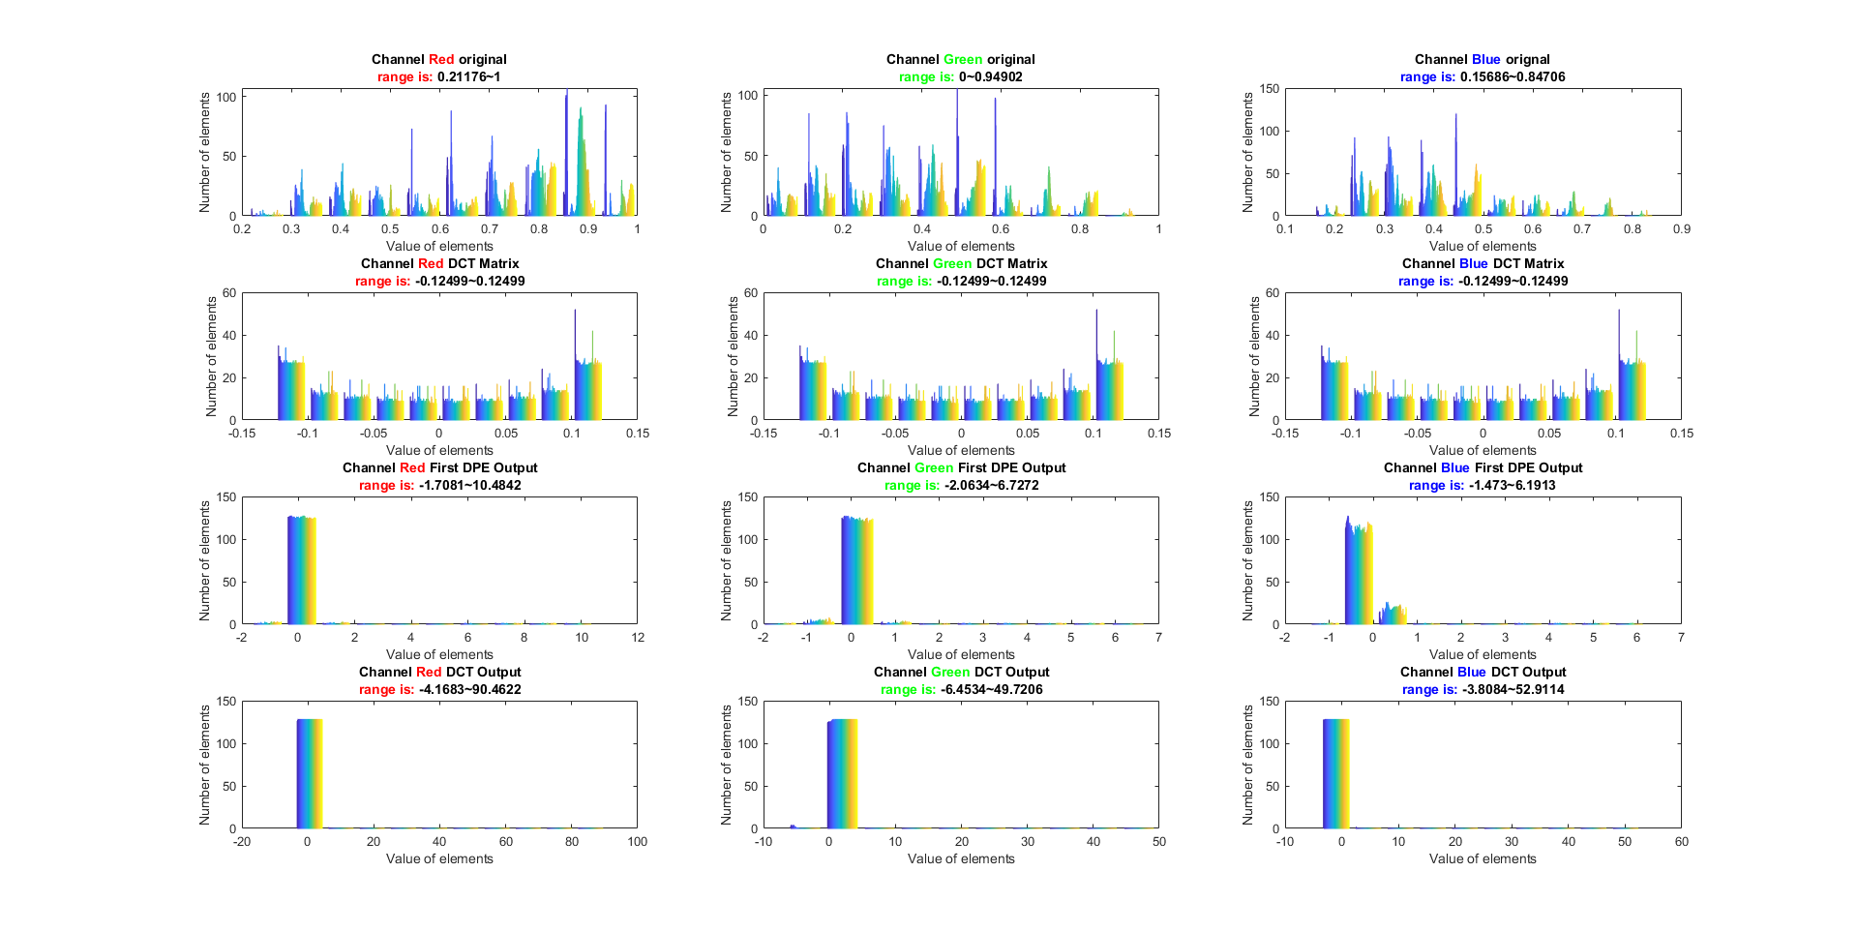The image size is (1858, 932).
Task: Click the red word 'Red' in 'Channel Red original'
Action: click(441, 59)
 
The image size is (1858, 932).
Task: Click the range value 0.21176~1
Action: click(468, 76)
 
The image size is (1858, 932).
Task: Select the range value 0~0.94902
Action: click(990, 76)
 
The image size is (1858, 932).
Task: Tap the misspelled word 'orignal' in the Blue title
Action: click(1527, 59)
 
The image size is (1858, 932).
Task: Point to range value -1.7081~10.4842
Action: click(469, 485)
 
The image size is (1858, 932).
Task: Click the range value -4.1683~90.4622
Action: click(469, 689)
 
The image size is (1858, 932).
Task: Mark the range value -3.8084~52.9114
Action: click(1513, 689)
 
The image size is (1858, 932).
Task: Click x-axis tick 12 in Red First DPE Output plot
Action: click(638, 637)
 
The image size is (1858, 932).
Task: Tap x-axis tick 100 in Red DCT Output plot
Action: click(638, 841)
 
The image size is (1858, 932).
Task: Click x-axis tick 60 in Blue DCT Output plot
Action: click(1682, 841)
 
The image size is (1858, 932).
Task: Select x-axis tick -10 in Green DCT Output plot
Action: click(764, 841)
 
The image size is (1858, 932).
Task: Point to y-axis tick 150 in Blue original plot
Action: click(1269, 89)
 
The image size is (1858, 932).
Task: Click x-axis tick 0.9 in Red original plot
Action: click(588, 228)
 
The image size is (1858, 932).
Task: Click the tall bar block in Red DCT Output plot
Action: click(310, 774)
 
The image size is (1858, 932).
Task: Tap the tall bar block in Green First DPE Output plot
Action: click(857, 571)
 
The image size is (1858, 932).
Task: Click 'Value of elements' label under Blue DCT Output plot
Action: click(1483, 858)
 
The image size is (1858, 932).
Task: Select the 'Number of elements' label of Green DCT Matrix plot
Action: click(733, 356)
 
